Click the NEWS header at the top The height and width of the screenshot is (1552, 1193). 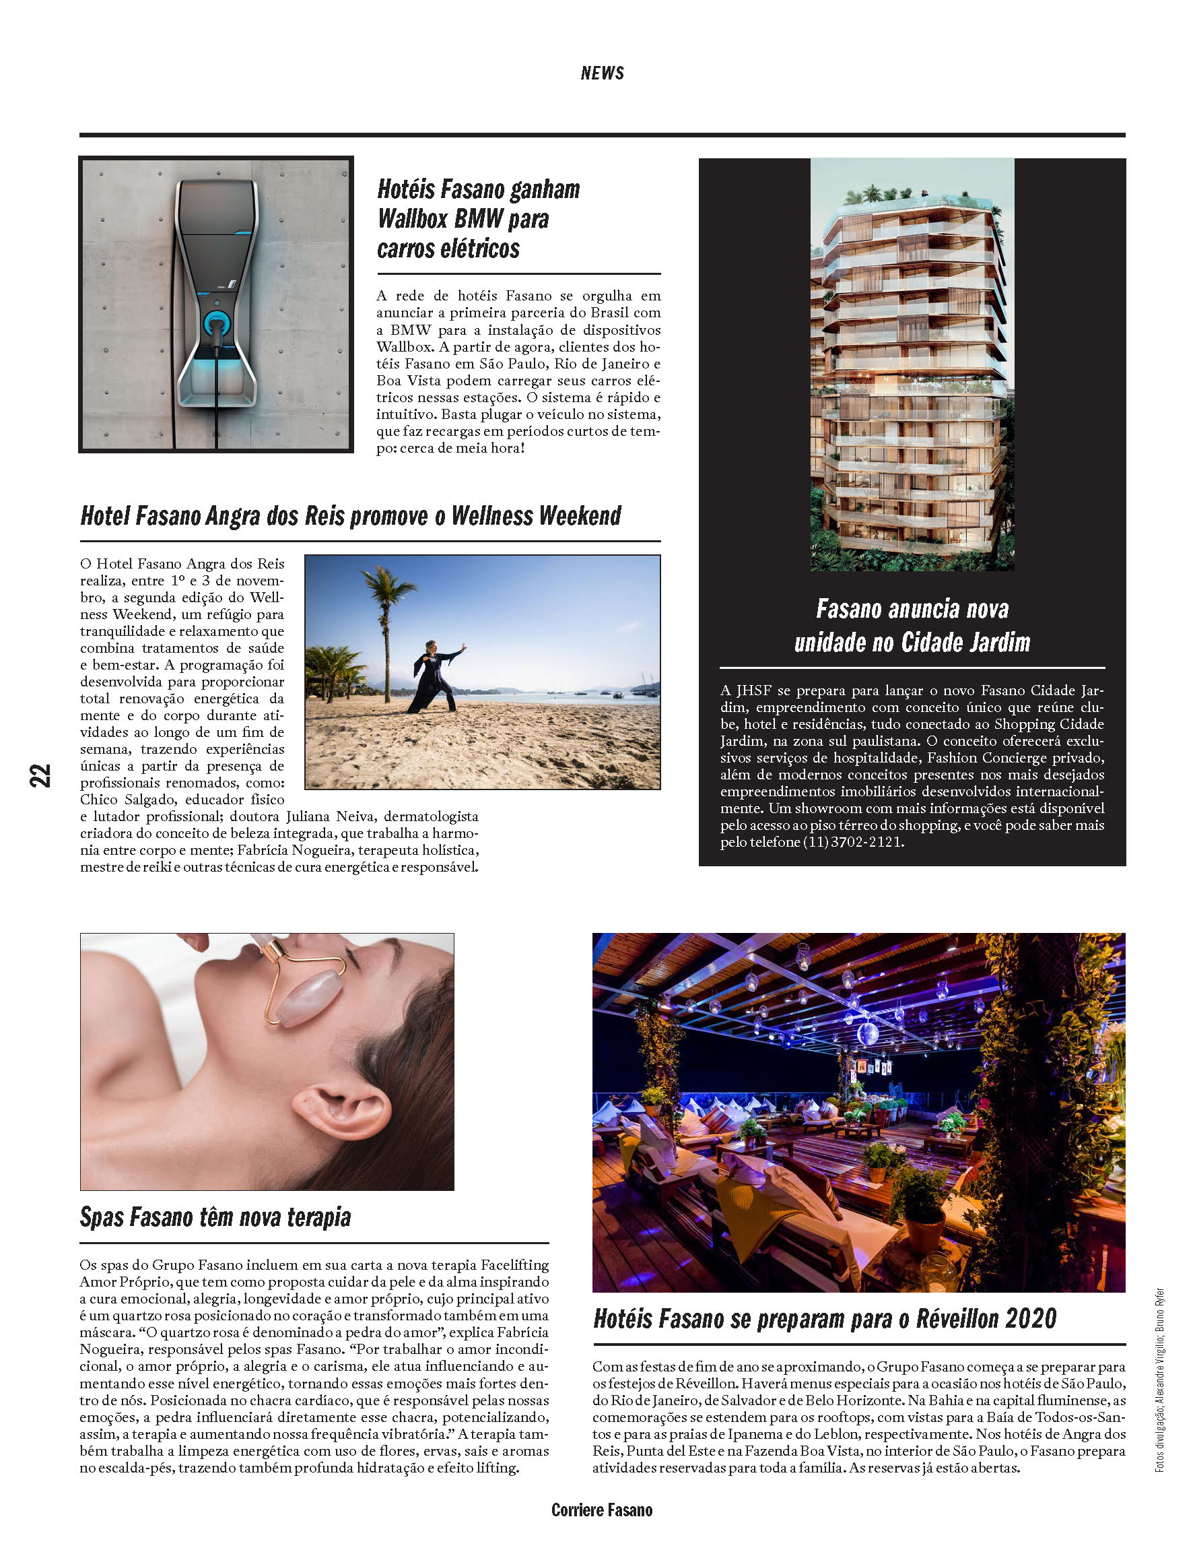click(x=601, y=73)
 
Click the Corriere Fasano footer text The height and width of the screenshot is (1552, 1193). click(x=601, y=1510)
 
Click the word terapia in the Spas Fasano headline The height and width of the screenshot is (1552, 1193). click(x=318, y=1217)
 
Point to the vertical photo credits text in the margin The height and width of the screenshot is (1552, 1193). click(x=1159, y=1379)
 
